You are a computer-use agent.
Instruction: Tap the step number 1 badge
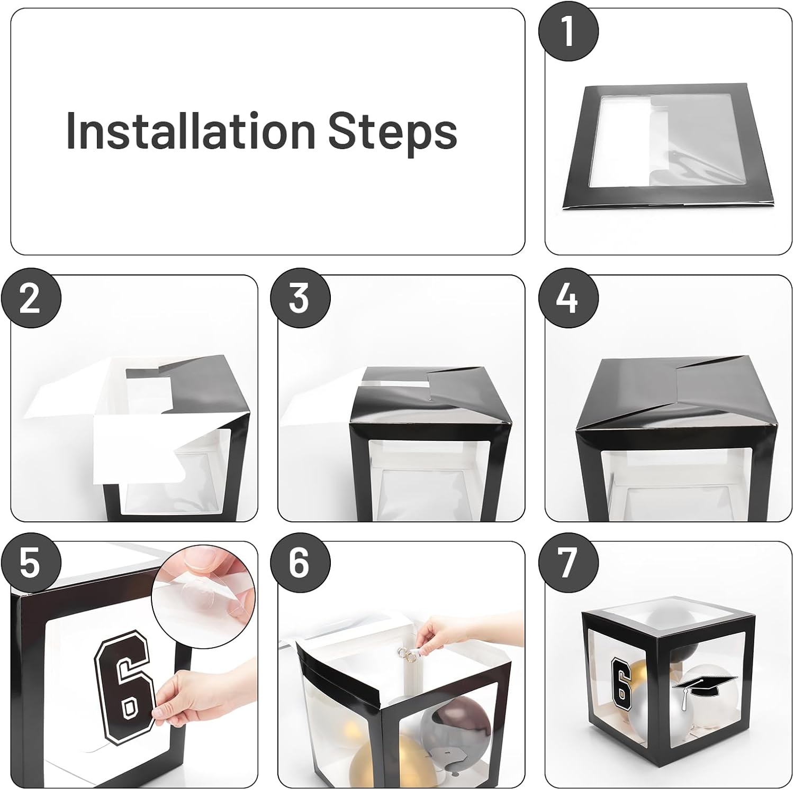coord(568,31)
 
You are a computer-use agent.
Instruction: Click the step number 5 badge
coord(31,564)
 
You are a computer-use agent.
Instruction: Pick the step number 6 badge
coord(300,564)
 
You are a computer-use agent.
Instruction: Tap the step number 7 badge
coord(568,564)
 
